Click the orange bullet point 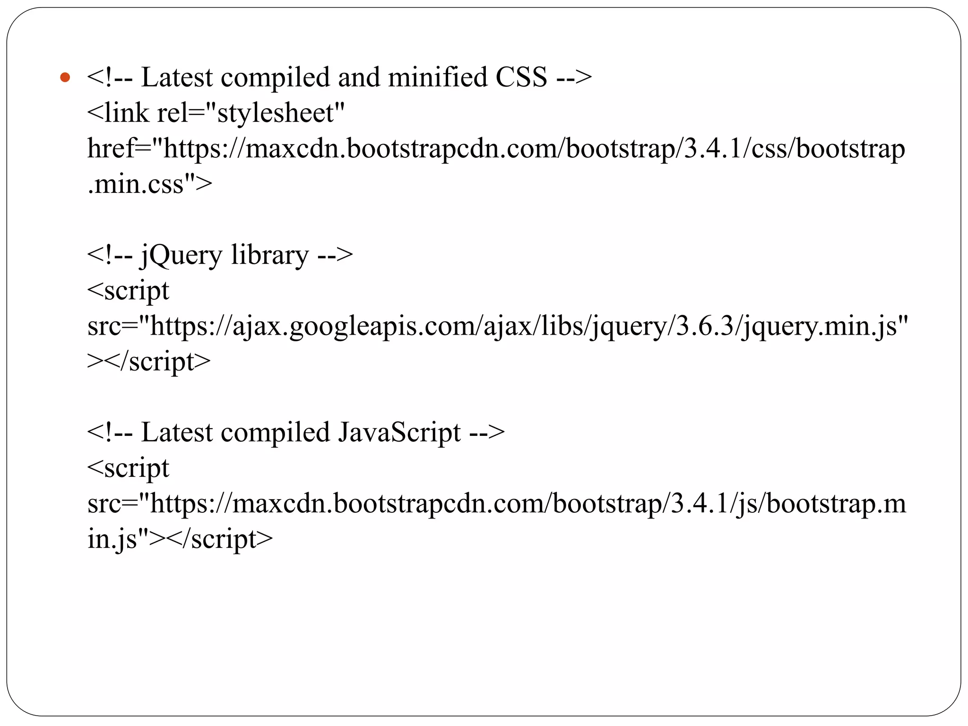[65, 78]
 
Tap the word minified [437, 78]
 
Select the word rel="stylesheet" [251, 113]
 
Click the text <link [118, 113]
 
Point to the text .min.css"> [150, 184]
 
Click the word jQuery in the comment [181, 256]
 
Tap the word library [270, 256]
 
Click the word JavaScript [399, 433]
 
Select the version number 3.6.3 [704, 327]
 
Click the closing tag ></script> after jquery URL [149, 362]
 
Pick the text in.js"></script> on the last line [180, 539]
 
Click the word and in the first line [359, 78]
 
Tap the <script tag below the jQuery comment [128, 291]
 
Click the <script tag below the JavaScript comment [128, 468]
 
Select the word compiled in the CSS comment [275, 78]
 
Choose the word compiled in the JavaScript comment [275, 433]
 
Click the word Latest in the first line [177, 78]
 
